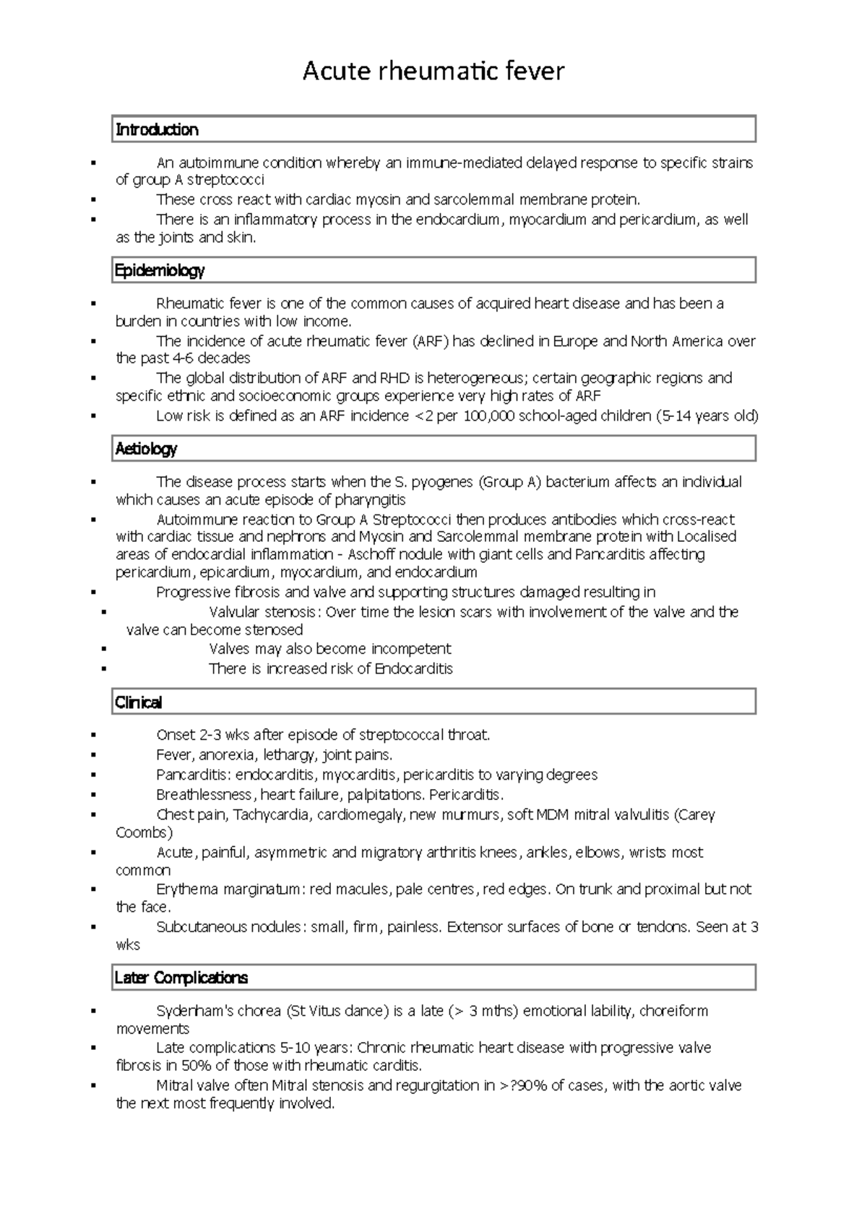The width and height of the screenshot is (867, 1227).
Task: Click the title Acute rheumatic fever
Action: (433, 72)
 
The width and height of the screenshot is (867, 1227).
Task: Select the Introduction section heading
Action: (157, 130)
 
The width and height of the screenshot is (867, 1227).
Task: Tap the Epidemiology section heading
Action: (160, 271)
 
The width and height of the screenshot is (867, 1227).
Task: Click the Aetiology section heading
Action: (146, 449)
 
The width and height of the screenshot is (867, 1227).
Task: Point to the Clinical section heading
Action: (139, 702)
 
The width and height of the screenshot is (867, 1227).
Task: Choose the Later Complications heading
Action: (181, 978)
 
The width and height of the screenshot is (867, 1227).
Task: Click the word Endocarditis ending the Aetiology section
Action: (413, 669)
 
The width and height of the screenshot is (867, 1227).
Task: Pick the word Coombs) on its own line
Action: (144, 832)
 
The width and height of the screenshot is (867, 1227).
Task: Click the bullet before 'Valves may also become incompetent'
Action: (105, 649)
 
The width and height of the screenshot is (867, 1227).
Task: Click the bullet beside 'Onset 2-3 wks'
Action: (94, 736)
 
